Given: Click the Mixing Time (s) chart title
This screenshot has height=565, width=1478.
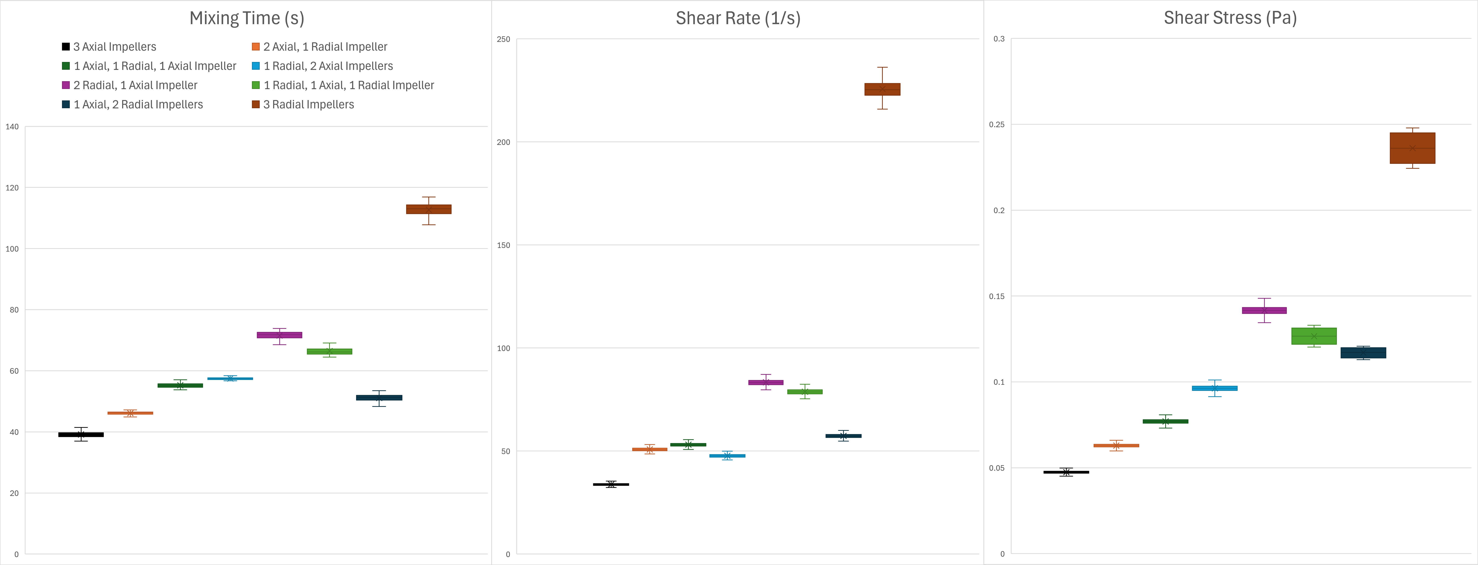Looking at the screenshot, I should point(247,18).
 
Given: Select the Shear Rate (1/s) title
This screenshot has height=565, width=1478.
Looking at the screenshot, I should point(738,18).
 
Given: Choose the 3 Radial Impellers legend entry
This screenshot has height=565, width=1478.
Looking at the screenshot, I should point(308,104).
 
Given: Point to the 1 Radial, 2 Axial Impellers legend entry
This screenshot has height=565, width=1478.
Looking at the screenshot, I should point(328,66).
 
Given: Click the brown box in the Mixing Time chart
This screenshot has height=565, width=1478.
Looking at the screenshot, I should point(429,209).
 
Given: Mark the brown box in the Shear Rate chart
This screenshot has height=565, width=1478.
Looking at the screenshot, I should point(883,90).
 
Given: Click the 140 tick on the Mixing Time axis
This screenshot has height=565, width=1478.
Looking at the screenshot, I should point(12,127).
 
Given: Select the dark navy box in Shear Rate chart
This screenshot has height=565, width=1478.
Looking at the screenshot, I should point(843,436).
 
